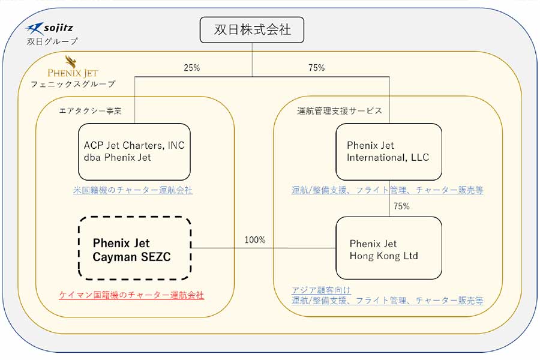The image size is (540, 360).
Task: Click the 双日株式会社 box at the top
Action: pyautogui.click(x=252, y=31)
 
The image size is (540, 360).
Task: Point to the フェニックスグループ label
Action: pyautogui.click(x=73, y=84)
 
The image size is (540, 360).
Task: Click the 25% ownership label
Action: pyautogui.click(x=191, y=68)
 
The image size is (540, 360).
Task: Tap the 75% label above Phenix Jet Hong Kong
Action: pyautogui.click(x=401, y=206)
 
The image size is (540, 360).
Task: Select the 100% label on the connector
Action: pyautogui.click(x=254, y=240)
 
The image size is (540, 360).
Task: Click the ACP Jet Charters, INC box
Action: pyautogui.click(x=134, y=151)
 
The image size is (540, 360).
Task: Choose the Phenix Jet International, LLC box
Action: pyautogui.click(x=388, y=152)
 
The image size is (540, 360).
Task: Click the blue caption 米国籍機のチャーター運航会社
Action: pyautogui.click(x=133, y=190)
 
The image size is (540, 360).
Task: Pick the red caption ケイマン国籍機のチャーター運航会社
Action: pyautogui.click(x=131, y=295)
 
